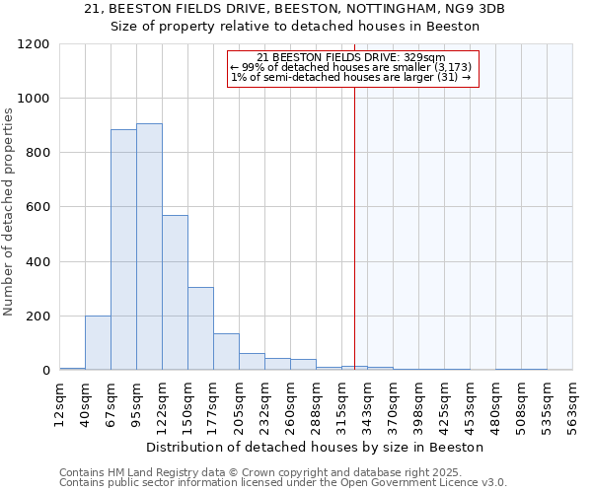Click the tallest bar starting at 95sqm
[149, 246]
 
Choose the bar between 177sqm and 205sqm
[226, 352]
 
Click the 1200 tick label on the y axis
[33, 44]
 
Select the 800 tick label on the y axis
[37, 153]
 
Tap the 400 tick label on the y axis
[37, 262]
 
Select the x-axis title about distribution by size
[315, 447]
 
